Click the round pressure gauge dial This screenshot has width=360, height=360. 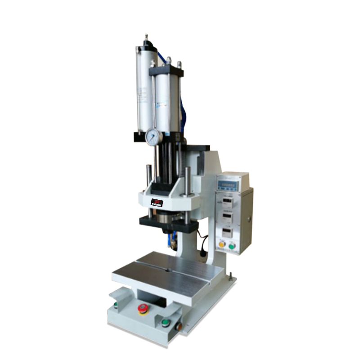(153, 136)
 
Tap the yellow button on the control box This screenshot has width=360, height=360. (221, 244)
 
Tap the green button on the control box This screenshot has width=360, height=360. (232, 246)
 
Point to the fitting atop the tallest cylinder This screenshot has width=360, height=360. (146, 38)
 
